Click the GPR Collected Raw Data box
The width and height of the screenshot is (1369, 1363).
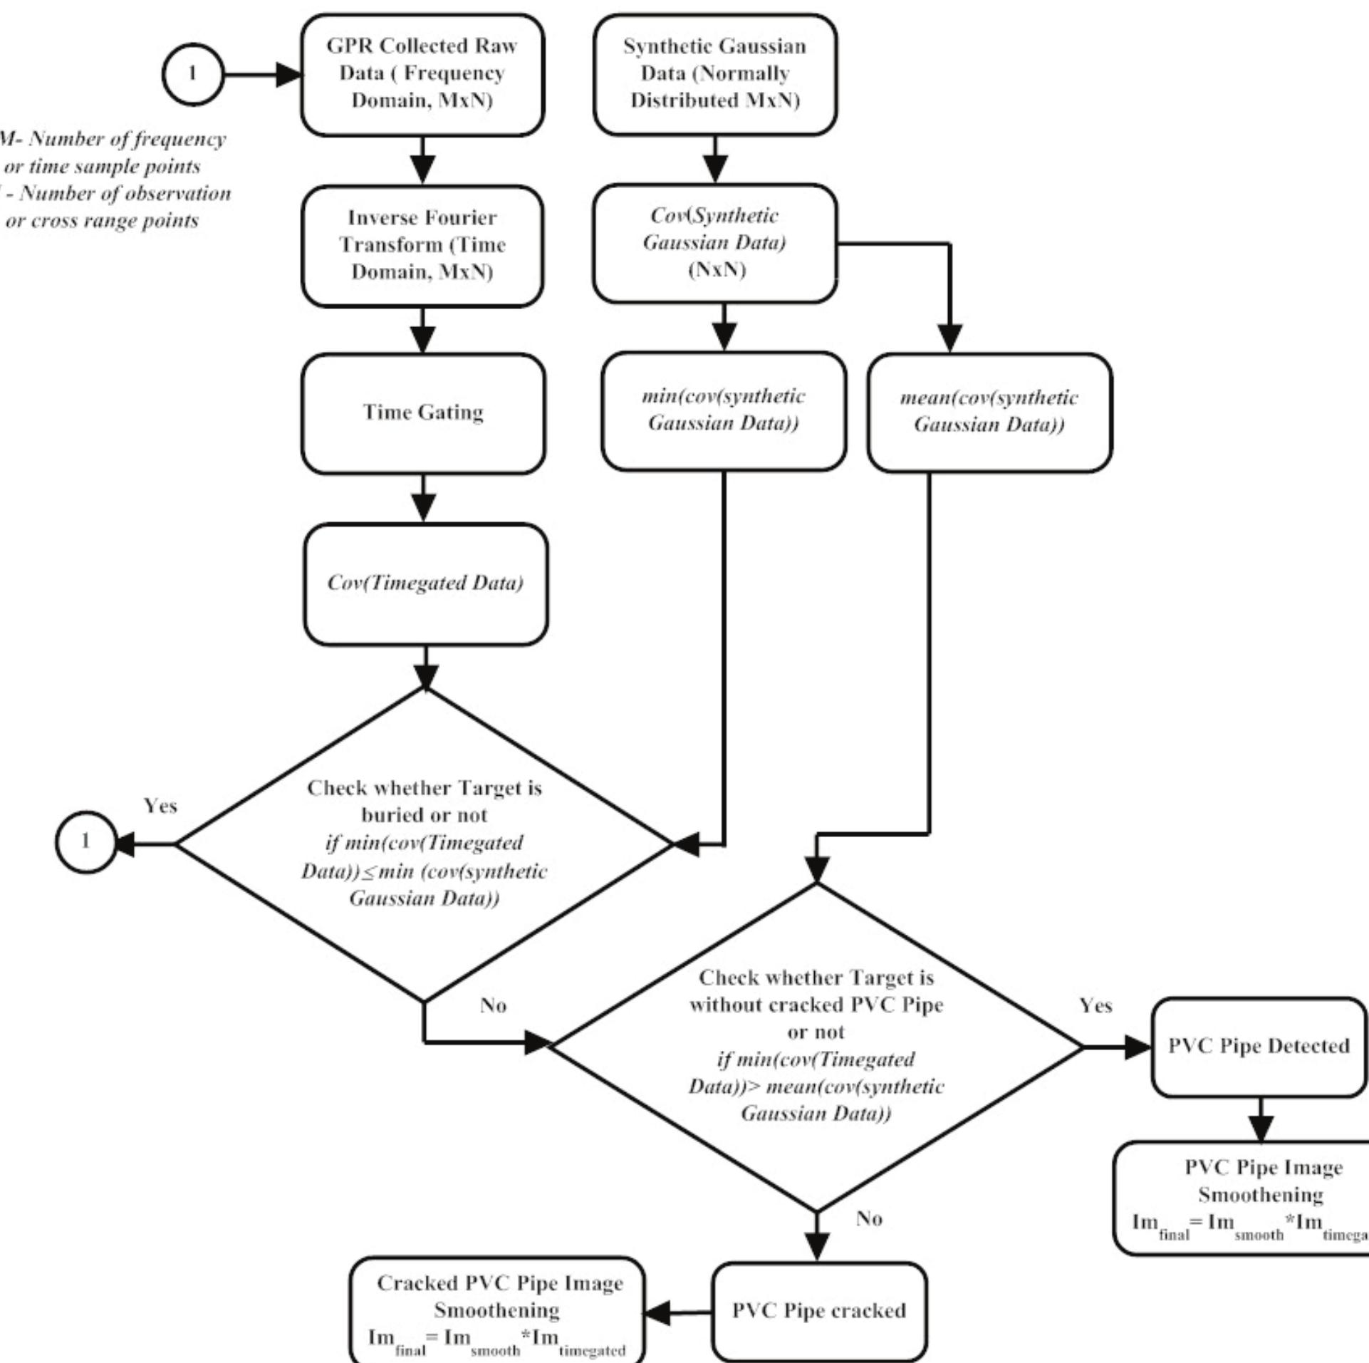(422, 74)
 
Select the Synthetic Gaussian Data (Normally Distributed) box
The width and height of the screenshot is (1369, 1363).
(715, 74)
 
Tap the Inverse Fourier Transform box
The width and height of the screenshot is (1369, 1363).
(422, 245)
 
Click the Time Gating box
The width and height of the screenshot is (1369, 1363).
(423, 413)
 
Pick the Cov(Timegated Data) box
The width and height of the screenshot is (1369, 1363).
(425, 584)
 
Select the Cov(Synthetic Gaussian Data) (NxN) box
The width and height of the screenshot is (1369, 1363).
(715, 243)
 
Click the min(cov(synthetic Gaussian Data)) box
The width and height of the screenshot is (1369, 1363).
(724, 410)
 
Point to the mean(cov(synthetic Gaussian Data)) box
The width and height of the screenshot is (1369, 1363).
(989, 412)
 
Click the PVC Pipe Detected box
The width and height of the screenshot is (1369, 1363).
(1259, 1046)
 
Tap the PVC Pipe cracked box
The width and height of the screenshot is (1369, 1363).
(819, 1310)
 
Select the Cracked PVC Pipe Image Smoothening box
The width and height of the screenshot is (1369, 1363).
(497, 1310)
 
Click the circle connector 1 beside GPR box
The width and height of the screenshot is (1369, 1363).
(193, 74)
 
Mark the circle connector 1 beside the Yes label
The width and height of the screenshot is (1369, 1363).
(85, 842)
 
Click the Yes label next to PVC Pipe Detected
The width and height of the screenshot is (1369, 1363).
(1095, 1006)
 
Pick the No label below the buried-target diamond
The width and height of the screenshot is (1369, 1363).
(493, 1005)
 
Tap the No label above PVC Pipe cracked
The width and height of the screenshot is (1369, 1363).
(869, 1219)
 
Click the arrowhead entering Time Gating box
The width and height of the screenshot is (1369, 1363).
(423, 340)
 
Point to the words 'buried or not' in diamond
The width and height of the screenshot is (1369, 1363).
(425, 815)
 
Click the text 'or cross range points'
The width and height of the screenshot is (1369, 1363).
(102, 221)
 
